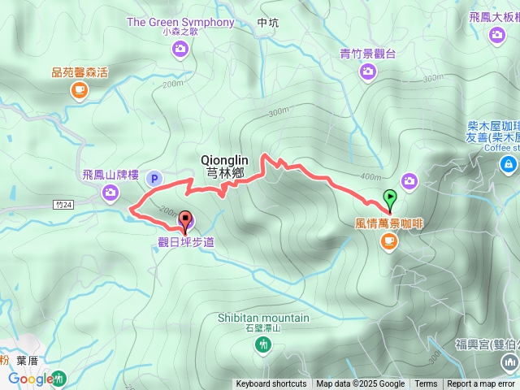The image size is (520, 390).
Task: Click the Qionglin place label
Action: (224, 161)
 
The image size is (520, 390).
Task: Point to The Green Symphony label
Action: (180, 22)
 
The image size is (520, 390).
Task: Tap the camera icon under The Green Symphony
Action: (180, 50)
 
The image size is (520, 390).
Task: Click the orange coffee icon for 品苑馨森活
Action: (79, 90)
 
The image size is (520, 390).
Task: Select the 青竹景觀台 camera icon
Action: (368, 72)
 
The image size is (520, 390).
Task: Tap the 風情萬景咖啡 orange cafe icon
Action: (388, 240)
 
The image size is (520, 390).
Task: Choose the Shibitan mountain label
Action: (263, 318)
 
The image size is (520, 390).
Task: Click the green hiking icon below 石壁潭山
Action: (263, 346)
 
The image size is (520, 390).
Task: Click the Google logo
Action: (31, 379)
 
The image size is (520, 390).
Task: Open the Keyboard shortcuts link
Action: (271, 384)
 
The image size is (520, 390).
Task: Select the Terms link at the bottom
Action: (426, 384)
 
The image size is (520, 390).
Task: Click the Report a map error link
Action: (482, 384)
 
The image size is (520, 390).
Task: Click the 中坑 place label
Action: (267, 23)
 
